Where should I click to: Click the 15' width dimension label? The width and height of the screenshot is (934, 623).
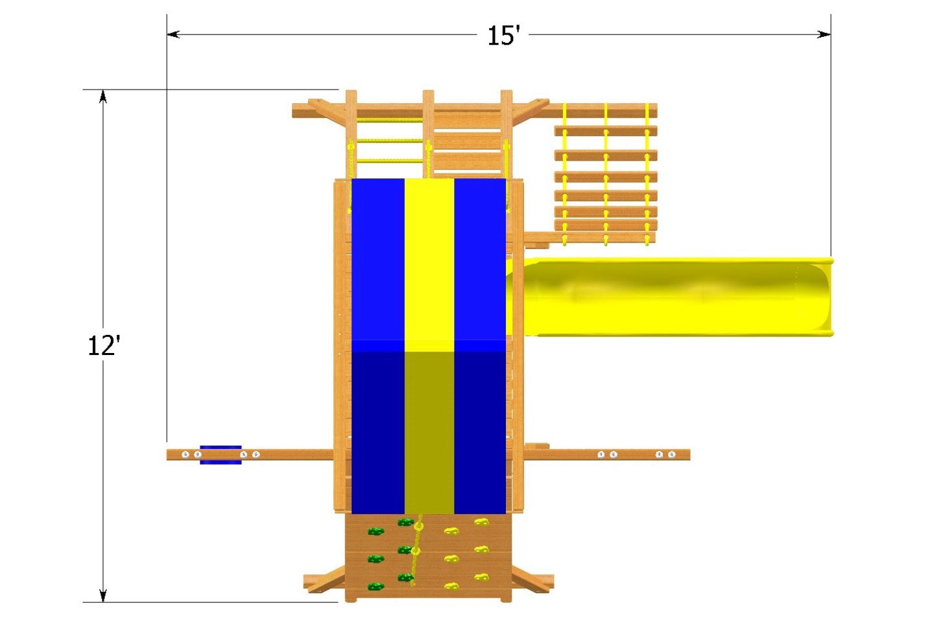pyautogui.click(x=503, y=36)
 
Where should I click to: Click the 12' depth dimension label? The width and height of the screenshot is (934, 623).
pyautogui.click(x=104, y=345)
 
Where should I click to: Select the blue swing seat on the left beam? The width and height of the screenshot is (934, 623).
pyautogui.click(x=221, y=455)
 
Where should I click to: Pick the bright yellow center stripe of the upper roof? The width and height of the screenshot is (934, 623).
pyautogui.click(x=429, y=260)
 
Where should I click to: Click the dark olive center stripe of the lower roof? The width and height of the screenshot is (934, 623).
pyautogui.click(x=429, y=432)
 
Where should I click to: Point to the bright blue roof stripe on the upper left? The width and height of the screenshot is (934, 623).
pyautogui.click(x=377, y=260)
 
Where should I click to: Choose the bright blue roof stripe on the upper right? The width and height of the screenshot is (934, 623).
pyautogui.click(x=480, y=260)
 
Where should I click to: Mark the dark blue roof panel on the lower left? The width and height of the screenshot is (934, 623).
pyautogui.click(x=377, y=432)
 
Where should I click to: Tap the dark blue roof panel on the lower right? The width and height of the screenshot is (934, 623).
pyautogui.click(x=480, y=432)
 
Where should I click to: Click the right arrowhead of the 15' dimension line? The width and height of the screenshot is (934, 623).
pyautogui.click(x=824, y=34)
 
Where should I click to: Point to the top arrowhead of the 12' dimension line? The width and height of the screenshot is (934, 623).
pyautogui.click(x=102, y=96)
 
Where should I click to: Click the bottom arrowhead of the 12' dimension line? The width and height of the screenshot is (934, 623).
pyautogui.click(x=102, y=596)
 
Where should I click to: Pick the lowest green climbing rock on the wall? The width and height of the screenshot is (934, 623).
pyautogui.click(x=375, y=587)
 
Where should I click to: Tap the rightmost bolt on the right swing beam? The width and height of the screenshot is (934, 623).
pyautogui.click(x=672, y=455)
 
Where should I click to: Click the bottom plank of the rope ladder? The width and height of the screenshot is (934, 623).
pyautogui.click(x=605, y=239)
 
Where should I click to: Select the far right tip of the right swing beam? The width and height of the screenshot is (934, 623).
pyautogui.click(x=688, y=455)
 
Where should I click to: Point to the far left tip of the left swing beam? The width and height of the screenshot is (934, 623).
pyautogui.click(x=169, y=455)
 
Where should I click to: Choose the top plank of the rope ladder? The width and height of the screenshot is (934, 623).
pyautogui.click(x=605, y=131)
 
